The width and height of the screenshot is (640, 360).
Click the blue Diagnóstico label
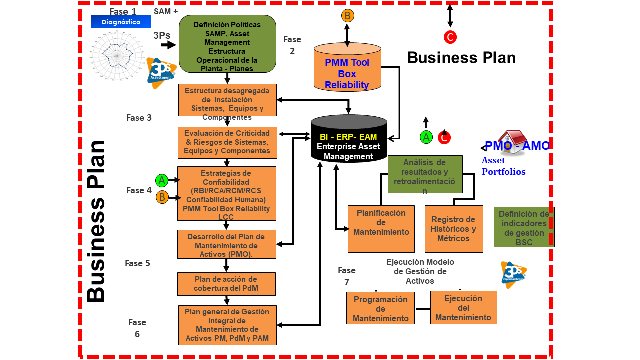pos(121,22)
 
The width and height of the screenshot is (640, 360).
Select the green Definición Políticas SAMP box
pos(227,44)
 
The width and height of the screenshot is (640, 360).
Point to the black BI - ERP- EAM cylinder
pos(349,140)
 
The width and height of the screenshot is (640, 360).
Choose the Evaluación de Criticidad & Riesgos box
pos(227,142)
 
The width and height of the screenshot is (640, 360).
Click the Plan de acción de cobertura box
pos(226,284)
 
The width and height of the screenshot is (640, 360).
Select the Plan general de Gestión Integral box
pos(227,325)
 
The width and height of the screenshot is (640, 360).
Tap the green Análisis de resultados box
pos(425,174)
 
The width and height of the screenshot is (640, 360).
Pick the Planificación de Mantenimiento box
pos(381,228)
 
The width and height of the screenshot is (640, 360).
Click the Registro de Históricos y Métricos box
pos(454,229)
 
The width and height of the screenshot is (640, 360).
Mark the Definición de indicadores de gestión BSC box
pos(524,227)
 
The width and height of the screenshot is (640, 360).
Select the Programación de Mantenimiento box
pos(380,308)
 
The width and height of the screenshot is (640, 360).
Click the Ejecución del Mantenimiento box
pos(463,307)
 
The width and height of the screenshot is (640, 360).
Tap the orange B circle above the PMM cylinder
pos(348,16)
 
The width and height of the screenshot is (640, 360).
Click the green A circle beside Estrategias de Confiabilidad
pos(162,180)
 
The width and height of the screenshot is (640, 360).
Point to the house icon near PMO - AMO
pos(512,142)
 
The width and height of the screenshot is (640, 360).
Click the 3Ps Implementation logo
pos(514,274)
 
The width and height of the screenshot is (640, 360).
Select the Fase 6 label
pos(137,328)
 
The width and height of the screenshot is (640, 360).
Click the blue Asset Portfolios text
pos(504,166)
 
